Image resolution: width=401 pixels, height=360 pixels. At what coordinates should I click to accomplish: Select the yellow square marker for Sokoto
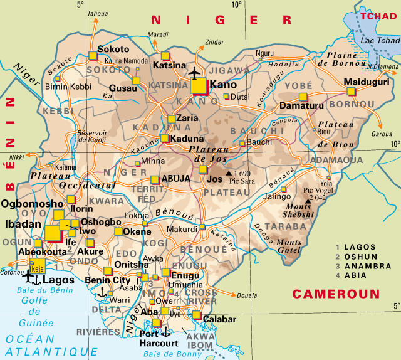[x=93, y=55]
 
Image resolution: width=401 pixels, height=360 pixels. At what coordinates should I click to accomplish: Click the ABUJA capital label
[x=175, y=179]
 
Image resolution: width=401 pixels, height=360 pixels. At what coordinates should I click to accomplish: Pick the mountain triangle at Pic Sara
[x=229, y=172]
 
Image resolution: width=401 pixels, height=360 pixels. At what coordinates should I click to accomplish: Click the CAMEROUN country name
[x=336, y=294]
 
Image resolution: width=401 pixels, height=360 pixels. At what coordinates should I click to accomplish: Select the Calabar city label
[x=218, y=319]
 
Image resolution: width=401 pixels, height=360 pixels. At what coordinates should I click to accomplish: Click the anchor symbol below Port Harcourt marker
[x=165, y=331]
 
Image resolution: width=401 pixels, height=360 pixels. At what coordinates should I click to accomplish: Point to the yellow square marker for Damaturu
[x=303, y=97]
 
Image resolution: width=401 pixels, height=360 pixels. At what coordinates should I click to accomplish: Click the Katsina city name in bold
[x=169, y=65]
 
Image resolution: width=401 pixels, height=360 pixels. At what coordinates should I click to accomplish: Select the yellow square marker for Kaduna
[x=164, y=138]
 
